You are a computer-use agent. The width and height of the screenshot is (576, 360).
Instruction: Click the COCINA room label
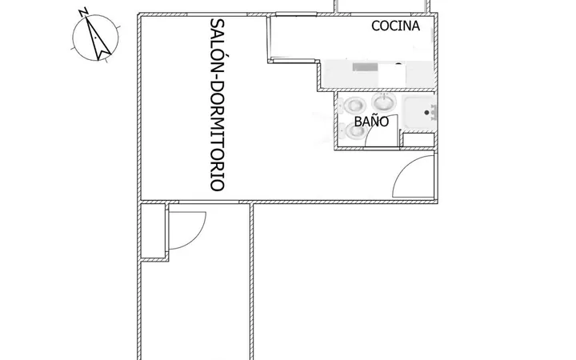tap(396, 26)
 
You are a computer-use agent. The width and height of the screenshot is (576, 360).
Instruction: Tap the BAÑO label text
tap(371, 122)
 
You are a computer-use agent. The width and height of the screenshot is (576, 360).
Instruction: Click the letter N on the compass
tap(83, 12)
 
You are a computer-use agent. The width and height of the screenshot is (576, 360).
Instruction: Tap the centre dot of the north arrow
tap(95, 38)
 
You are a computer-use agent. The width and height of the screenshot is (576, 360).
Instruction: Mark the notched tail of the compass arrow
tap(104, 55)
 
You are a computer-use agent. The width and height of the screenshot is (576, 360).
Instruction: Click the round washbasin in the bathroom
tap(384, 102)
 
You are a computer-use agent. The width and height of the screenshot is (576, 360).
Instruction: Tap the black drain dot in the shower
tap(426, 113)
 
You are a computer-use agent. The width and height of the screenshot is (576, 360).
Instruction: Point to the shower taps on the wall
tap(434, 112)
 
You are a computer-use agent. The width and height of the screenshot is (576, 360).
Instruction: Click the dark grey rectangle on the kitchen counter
tap(365, 67)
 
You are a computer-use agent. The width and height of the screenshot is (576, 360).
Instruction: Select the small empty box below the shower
tap(418, 140)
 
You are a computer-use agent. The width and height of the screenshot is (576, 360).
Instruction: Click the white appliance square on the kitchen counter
tap(392, 75)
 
